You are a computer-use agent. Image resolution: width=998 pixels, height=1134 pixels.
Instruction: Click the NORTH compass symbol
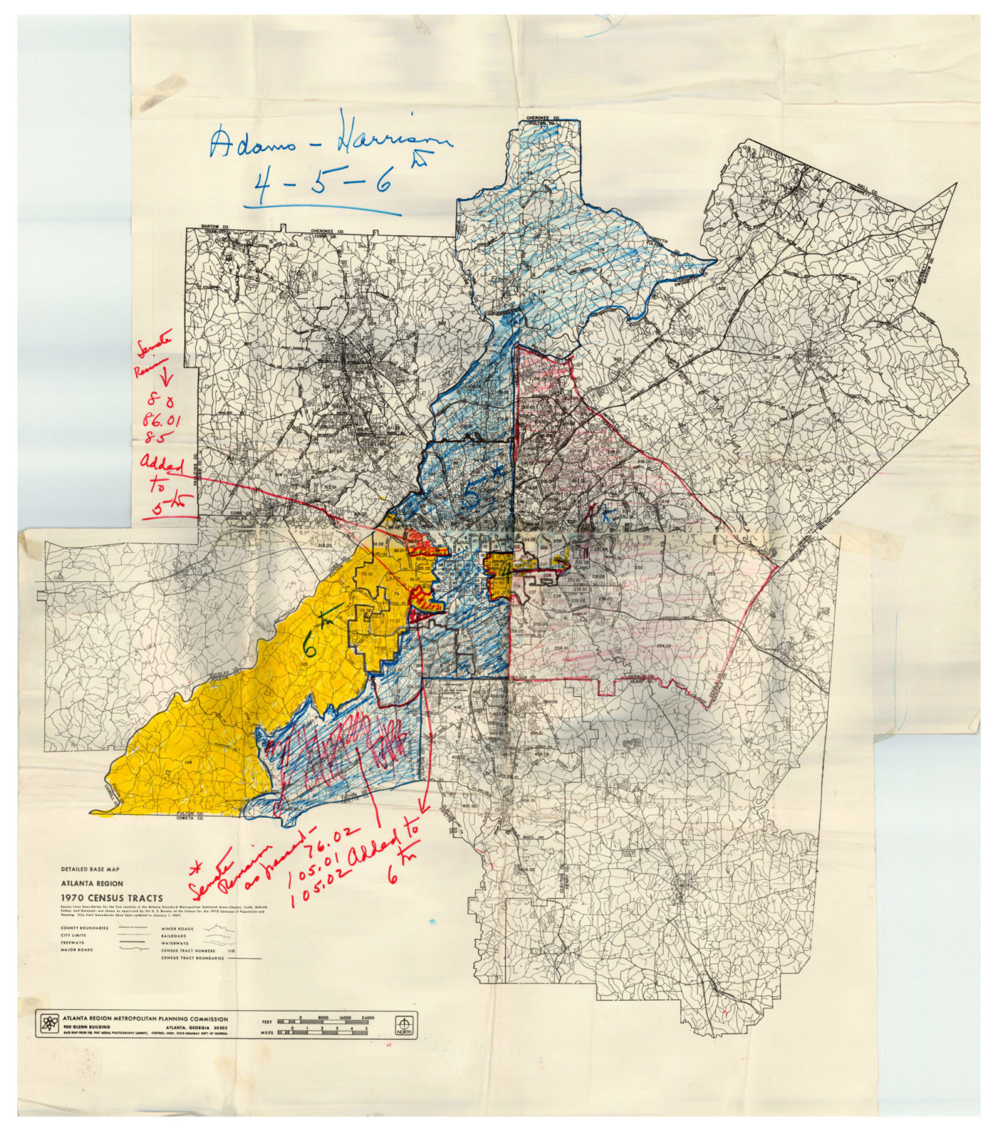click(406, 1025)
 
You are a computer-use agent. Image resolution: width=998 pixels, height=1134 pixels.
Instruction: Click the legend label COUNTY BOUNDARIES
click(85, 928)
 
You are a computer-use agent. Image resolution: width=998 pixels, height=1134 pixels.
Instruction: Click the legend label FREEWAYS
click(73, 943)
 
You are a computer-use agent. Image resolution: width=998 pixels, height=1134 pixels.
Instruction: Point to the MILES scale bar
click(324, 1032)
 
